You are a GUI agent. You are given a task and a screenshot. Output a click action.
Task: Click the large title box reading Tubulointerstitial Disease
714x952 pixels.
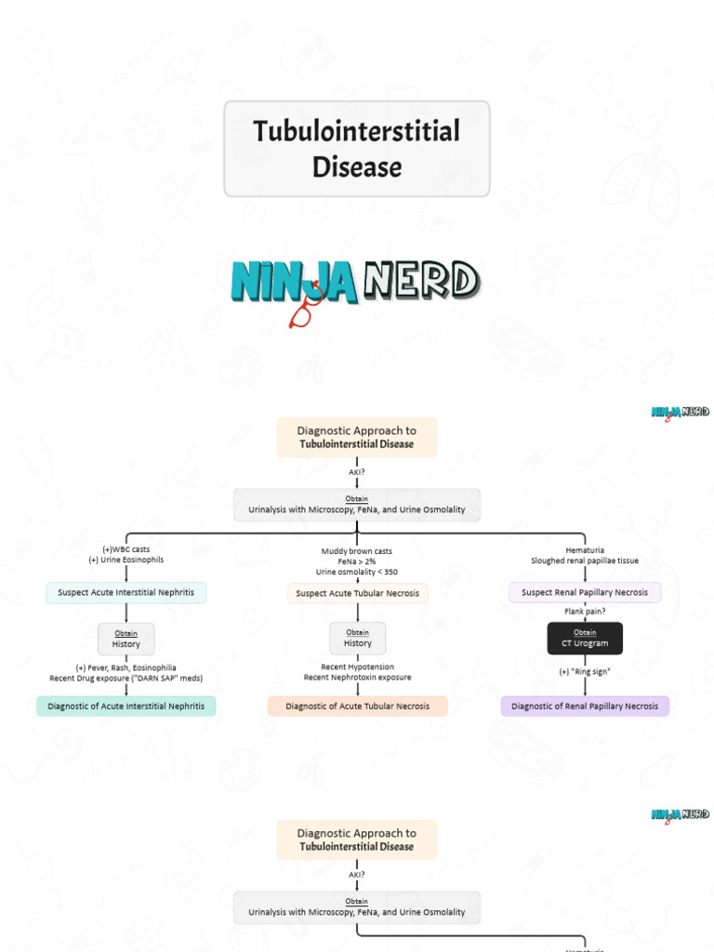(356, 149)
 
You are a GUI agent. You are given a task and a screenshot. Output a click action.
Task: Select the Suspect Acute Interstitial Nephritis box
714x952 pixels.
(126, 592)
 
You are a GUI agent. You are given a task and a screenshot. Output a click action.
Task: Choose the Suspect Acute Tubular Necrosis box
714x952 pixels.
(357, 593)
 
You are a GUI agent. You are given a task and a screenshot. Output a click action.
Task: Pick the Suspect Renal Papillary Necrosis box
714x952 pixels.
(585, 592)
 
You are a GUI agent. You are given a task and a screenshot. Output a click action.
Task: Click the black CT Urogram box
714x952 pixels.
(585, 639)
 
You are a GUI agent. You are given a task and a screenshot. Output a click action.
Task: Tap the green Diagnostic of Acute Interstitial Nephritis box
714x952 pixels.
(126, 707)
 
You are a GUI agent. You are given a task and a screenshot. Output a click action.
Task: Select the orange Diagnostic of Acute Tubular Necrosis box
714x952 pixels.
(357, 707)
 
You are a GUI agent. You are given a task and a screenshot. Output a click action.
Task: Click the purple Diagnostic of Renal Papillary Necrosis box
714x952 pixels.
(585, 707)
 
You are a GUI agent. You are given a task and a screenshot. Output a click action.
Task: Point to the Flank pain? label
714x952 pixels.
(585, 612)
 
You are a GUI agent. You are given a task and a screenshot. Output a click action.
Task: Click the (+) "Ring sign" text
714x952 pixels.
(585, 671)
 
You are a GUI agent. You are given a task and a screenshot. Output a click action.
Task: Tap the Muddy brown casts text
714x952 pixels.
(357, 551)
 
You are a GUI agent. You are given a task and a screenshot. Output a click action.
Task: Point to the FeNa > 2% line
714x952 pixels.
(357, 562)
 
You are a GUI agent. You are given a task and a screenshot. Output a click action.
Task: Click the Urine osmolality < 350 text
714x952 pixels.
(357, 572)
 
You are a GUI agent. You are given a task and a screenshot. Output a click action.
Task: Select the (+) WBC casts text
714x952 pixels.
(126, 549)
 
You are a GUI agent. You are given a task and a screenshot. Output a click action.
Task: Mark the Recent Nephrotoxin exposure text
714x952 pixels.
(357, 678)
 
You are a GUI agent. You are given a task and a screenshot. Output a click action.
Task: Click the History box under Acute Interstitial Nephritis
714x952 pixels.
(126, 639)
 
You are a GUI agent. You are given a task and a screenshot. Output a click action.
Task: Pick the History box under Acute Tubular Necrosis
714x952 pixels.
(357, 639)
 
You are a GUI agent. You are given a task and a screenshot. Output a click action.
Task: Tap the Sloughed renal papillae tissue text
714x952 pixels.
(585, 562)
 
